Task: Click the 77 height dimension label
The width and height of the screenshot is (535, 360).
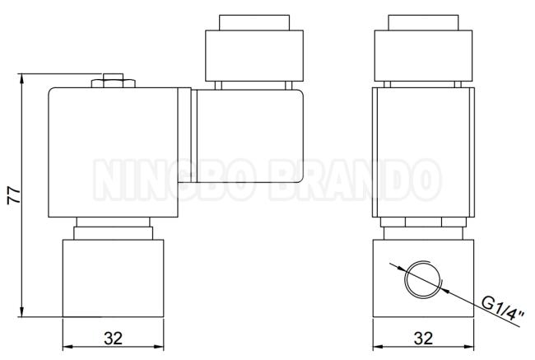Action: pyautogui.click(x=14, y=195)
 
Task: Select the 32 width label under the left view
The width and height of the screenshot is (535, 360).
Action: pyautogui.click(x=114, y=338)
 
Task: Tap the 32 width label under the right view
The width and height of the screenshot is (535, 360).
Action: pyautogui.click(x=423, y=338)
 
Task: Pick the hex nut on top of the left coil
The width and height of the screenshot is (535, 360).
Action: pyautogui.click(x=114, y=83)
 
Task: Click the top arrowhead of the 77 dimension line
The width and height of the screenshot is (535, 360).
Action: pyautogui.click(x=21, y=78)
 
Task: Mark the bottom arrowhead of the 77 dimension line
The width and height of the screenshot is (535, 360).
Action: pyautogui.click(x=21, y=312)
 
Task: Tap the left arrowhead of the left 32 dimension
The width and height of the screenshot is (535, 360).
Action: pyautogui.click(x=67, y=347)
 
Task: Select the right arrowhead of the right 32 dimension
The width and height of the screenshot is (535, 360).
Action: pyautogui.click(x=469, y=347)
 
